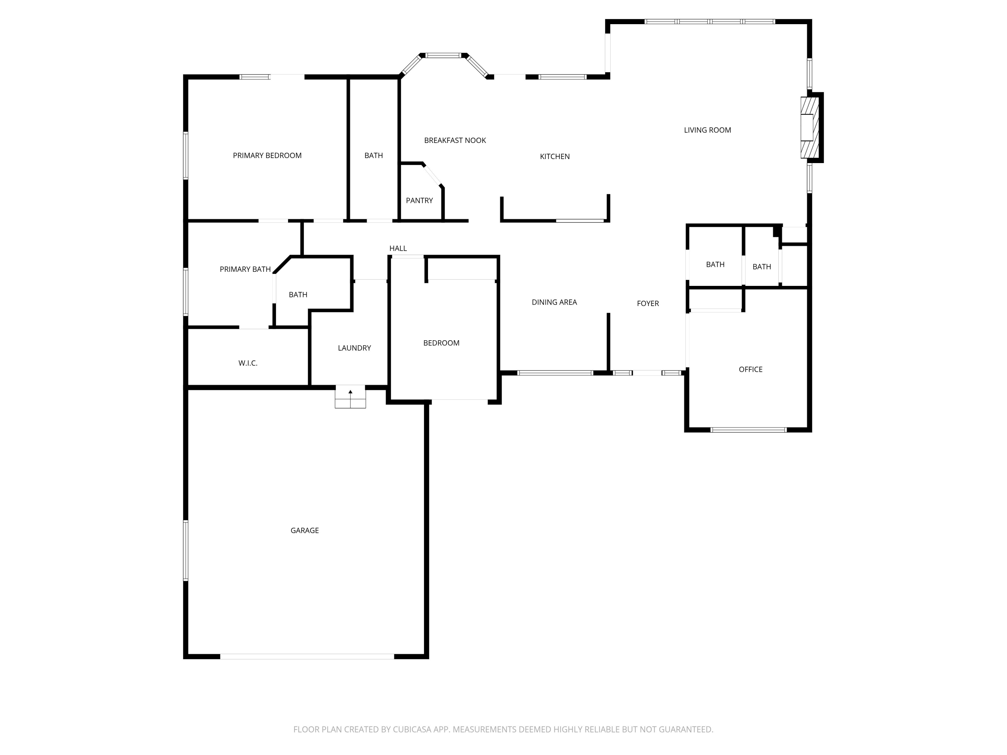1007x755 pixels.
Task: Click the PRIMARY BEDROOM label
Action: point(267,156)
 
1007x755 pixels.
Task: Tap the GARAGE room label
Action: point(304,530)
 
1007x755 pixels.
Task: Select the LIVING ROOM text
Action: point(708,130)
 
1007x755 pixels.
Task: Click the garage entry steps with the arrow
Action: point(350,397)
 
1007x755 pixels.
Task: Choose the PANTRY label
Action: point(419,201)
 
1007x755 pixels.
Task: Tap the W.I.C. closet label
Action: point(248,363)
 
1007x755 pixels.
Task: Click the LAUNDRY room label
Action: point(354,348)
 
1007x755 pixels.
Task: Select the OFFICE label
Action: point(751,369)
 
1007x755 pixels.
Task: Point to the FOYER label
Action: point(648,304)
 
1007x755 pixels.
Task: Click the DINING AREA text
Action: point(554,302)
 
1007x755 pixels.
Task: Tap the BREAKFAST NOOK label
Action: point(455,141)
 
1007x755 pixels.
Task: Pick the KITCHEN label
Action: point(555,157)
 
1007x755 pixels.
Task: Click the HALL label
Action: point(398,249)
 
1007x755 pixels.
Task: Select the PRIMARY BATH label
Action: point(245,269)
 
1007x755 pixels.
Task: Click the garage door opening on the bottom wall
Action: point(307,656)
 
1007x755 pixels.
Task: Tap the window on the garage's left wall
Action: point(186,550)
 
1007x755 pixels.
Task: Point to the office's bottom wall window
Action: point(749,430)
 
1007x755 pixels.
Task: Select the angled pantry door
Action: point(432,175)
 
